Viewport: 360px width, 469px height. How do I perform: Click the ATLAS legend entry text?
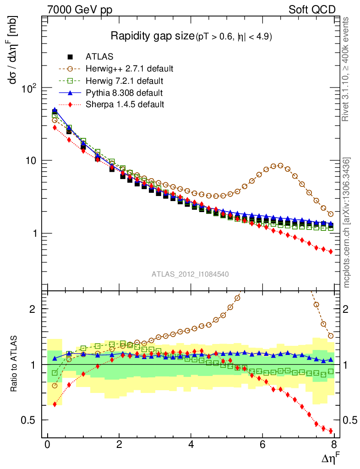pos(99,57)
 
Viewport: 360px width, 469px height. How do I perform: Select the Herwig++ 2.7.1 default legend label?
pos(129,69)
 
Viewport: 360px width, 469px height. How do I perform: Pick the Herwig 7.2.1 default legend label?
pos(125,81)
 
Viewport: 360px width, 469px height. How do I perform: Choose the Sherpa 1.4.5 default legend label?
pos(125,104)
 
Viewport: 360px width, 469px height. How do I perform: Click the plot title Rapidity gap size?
pos(153,36)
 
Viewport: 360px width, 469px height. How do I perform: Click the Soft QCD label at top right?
pos(312,10)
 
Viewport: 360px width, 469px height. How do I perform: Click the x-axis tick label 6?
pos(262,445)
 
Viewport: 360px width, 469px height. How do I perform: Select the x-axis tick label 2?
pos(119,445)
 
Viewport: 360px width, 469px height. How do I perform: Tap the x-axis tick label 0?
pos(47,445)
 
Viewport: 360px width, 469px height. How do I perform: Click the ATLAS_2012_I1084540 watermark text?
pos(191,274)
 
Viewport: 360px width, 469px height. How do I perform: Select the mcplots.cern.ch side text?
pos(347,223)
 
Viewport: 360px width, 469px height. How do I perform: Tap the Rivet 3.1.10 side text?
pos(347,69)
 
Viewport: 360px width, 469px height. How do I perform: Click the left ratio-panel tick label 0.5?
pos(32,420)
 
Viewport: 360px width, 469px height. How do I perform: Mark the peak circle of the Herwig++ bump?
pos(280,166)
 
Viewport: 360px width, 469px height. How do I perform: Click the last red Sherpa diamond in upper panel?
pos(331,251)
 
